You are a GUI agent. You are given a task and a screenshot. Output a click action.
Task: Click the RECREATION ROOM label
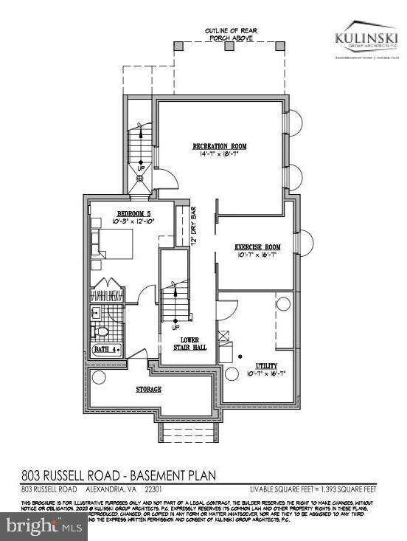220,146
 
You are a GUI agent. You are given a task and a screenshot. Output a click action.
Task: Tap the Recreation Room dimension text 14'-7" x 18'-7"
220,155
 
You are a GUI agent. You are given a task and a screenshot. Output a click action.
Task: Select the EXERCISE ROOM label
257,247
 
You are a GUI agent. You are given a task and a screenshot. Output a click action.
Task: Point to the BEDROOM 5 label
112,213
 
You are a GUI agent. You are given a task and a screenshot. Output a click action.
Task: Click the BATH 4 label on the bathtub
106,350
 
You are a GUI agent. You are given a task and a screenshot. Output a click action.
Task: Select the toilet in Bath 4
102,331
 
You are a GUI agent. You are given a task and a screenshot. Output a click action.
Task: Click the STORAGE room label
147,388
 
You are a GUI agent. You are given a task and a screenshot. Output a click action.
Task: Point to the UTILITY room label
266,365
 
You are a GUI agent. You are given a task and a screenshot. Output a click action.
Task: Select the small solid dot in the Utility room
240,356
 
